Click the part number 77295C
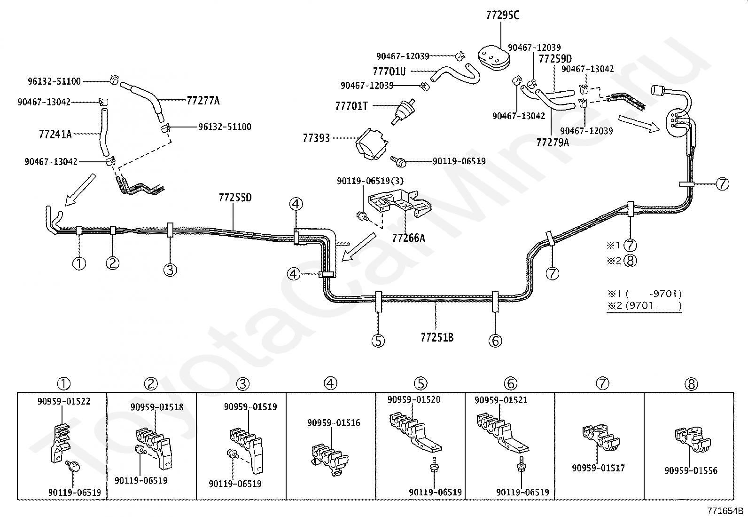tap(503, 16)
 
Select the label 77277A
tap(203, 100)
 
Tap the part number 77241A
tap(55, 134)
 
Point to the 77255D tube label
tap(235, 198)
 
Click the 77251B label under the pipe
tap(437, 337)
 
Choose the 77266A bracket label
tap(408, 238)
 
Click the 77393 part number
tap(316, 138)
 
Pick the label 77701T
tap(351, 106)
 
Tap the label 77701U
tap(389, 71)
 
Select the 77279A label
tap(553, 143)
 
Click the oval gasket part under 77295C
tap(494, 60)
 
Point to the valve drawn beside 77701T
tap(403, 112)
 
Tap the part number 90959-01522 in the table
tap(64, 401)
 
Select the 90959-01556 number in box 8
tap(691, 470)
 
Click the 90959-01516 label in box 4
tap(334, 423)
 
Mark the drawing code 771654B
tap(725, 511)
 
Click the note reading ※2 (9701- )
tap(644, 306)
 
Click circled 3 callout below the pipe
tap(170, 270)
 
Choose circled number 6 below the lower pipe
tap(495, 341)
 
